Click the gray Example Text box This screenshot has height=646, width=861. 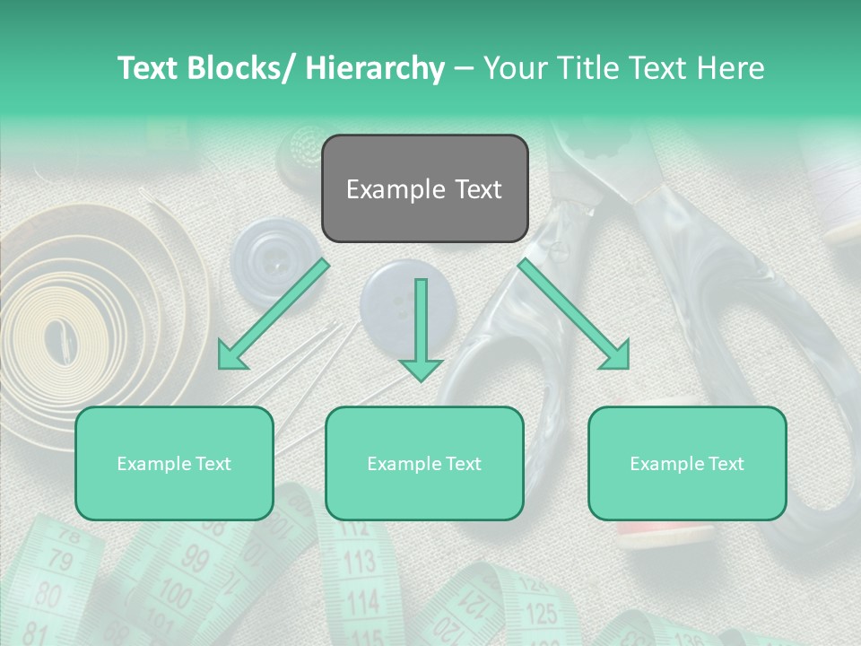pyautogui.click(x=424, y=188)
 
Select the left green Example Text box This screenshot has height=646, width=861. pyautogui.click(x=174, y=463)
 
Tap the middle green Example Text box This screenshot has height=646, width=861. pyautogui.click(x=424, y=463)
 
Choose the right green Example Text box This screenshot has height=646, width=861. pyautogui.click(x=687, y=463)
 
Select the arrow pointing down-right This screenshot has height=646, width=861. pyautogui.click(x=575, y=313)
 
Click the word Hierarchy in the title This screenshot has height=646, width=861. pyautogui.click(x=375, y=68)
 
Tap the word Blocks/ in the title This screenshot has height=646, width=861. pyautogui.click(x=242, y=68)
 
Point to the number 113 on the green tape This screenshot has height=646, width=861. pyautogui.click(x=360, y=563)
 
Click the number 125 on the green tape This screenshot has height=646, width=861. pyautogui.click(x=541, y=614)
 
